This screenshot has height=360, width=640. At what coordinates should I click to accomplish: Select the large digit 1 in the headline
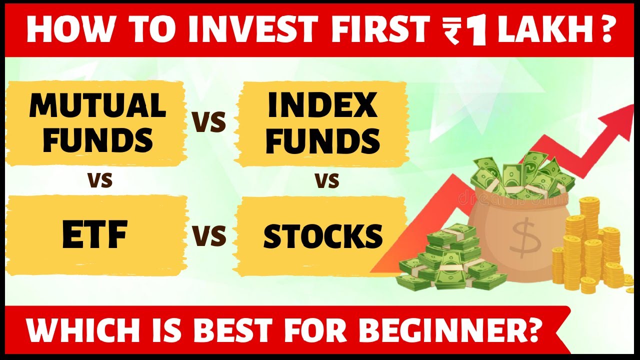tap(477, 30)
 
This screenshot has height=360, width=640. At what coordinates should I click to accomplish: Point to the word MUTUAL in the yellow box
tap(97, 105)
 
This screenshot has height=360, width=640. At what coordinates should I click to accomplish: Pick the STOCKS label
tap(322, 236)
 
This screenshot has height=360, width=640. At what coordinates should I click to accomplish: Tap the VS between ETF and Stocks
tap(209, 235)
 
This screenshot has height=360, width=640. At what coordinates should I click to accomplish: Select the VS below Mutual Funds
tap(100, 179)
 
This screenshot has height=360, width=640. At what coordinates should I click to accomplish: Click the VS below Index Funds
tap(327, 179)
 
